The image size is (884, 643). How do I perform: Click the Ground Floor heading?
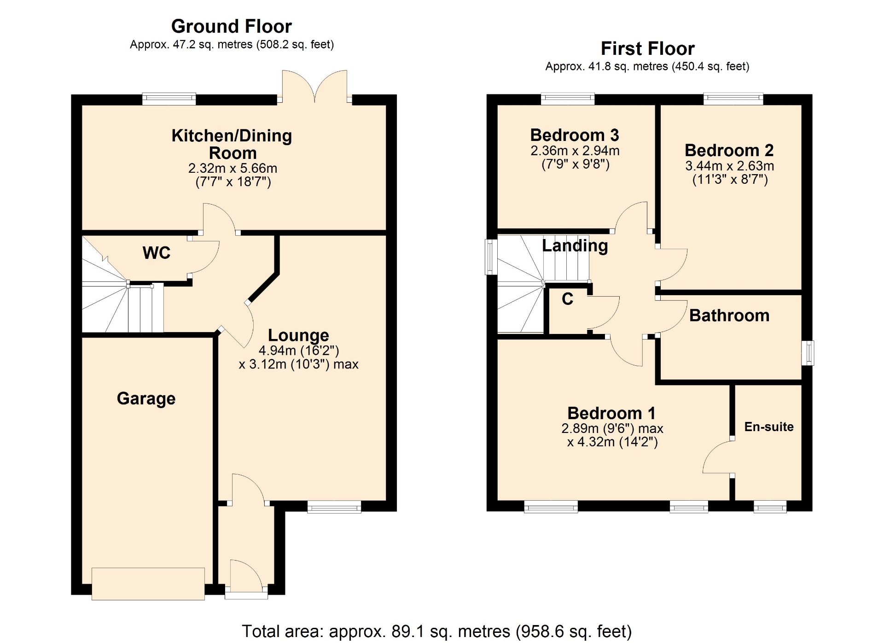pos(232,26)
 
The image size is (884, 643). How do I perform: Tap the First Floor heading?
pos(647,48)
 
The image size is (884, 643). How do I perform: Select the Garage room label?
pos(146,398)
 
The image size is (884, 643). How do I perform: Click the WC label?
pos(157,253)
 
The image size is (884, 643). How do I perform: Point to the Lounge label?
pos(298,335)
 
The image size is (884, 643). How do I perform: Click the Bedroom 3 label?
pos(575,135)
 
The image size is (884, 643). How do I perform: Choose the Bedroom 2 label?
pos(729,150)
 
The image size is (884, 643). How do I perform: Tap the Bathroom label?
pos(729,316)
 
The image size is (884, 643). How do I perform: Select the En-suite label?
pos(769,427)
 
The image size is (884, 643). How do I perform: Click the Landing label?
pos(575,246)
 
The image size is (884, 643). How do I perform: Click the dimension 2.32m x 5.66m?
pos(233,168)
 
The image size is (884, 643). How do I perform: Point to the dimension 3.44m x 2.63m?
pos(729,166)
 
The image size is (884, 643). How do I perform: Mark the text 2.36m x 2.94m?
pos(575,151)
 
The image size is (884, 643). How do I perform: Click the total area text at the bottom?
pos(436,631)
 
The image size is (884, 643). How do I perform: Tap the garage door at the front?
pos(148,584)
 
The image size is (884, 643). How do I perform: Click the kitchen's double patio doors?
pos(314,87)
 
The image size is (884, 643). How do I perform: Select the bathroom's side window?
pos(808,353)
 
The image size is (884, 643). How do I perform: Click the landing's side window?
pos(491,257)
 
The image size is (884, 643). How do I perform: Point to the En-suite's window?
pos(770,507)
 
